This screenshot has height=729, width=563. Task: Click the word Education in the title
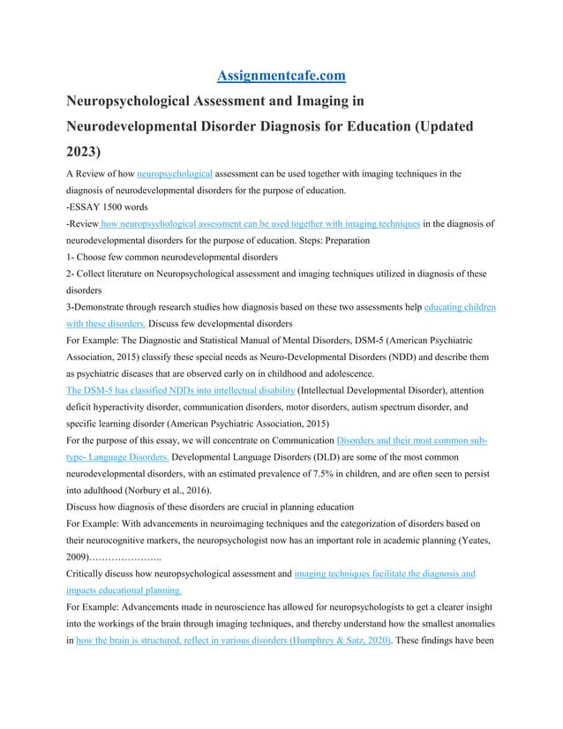coord(364,125)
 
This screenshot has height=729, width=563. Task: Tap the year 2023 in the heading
coord(84,149)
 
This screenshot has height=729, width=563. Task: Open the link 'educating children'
coord(460,307)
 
